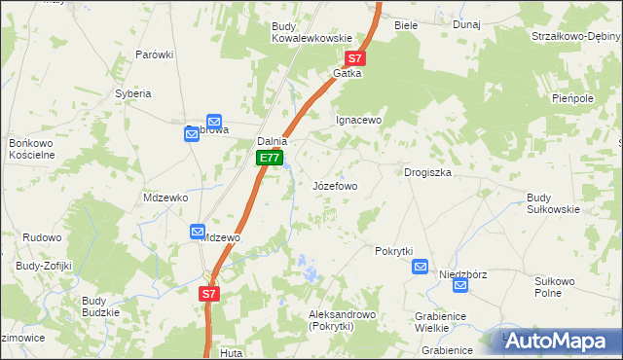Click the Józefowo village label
335,185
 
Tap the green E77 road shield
270,158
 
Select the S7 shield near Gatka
356,58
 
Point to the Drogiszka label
427,172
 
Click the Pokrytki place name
394,250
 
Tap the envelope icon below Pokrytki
421,267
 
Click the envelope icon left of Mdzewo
197,233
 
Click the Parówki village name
154,54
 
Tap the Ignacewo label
357,120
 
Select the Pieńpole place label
572,98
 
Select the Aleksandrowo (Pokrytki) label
342,321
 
